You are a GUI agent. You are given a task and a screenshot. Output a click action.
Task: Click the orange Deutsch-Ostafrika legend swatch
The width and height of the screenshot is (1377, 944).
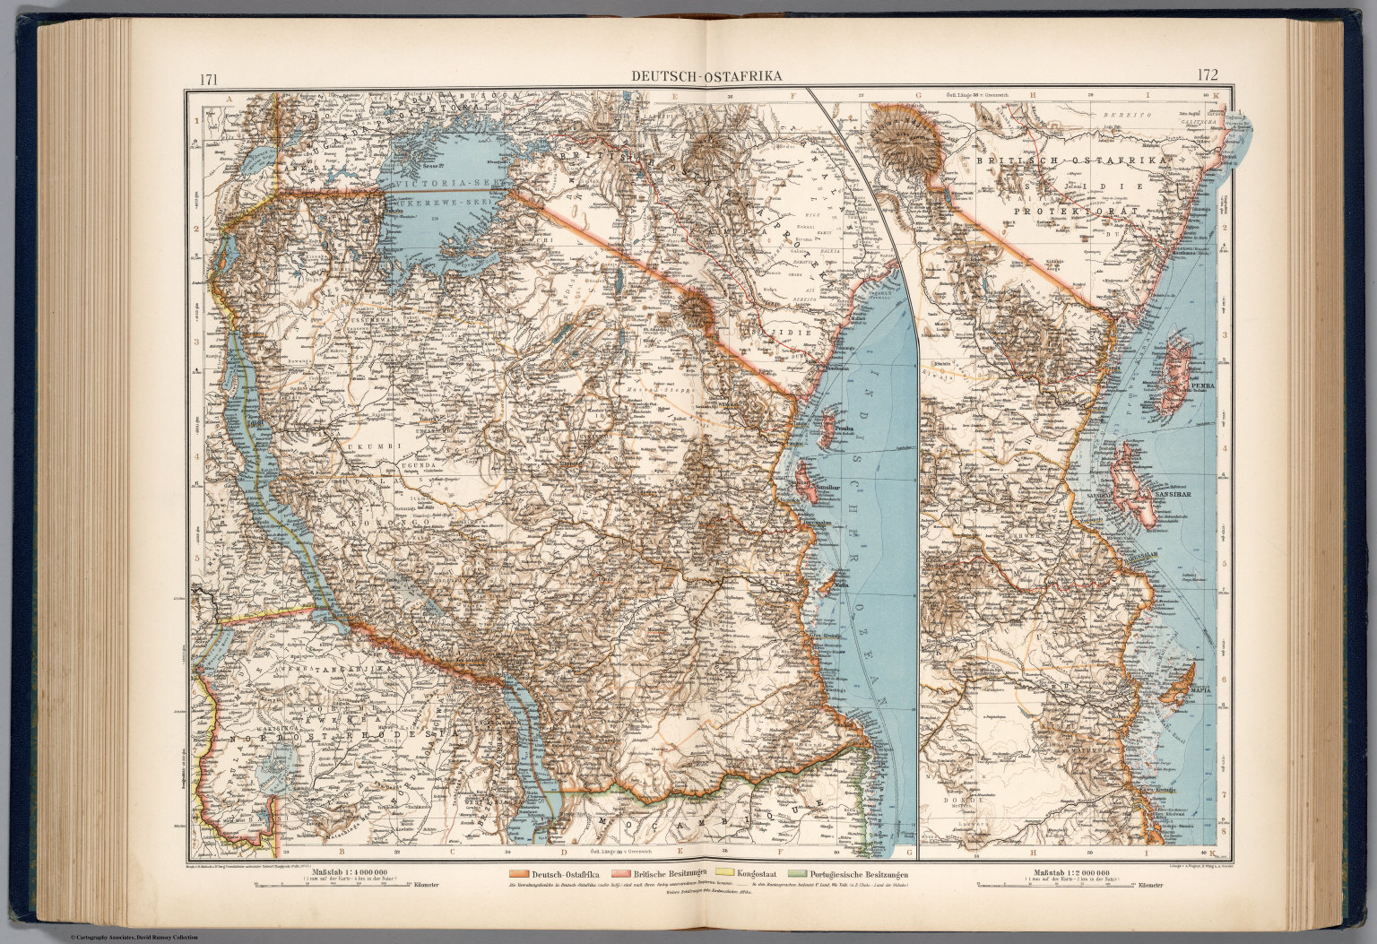(x=518, y=874)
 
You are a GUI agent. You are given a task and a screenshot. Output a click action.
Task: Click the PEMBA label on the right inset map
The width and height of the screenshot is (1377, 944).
(x=1201, y=386)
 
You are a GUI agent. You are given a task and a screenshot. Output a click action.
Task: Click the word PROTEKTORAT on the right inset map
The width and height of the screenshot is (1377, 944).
(x=1075, y=211)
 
